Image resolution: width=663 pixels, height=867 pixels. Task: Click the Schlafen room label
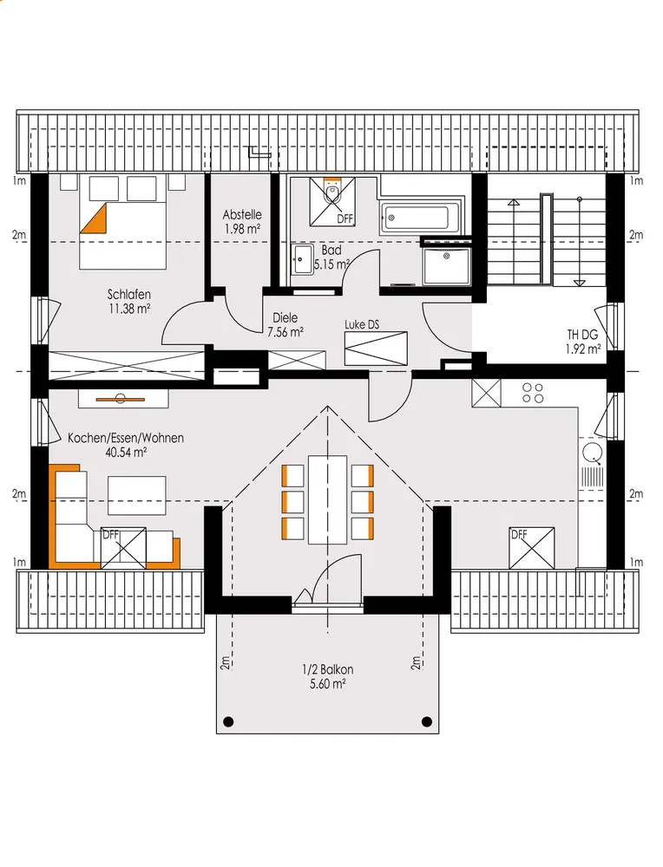coord(129,302)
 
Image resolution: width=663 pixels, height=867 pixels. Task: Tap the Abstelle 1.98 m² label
coord(242,221)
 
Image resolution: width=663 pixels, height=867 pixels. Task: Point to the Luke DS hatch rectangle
coord(376,349)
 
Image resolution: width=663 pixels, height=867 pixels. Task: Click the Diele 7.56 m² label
coord(285,324)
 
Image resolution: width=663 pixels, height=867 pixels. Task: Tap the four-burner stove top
coord(533,393)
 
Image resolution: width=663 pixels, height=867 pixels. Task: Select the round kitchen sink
coord(593,453)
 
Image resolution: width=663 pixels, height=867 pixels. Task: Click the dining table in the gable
coord(328,499)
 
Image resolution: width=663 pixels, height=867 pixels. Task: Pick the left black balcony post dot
coord(227,721)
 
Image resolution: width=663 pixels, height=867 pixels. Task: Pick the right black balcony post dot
coord(427,721)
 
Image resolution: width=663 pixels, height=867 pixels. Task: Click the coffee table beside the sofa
coord(137,495)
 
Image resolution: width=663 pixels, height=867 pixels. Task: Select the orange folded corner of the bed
coord(93,219)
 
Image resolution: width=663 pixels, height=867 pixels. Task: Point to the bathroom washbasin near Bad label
coord(302,258)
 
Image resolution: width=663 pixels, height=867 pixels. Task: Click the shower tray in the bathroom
coord(446,266)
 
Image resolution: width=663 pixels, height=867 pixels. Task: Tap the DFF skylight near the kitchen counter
coord(532,548)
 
